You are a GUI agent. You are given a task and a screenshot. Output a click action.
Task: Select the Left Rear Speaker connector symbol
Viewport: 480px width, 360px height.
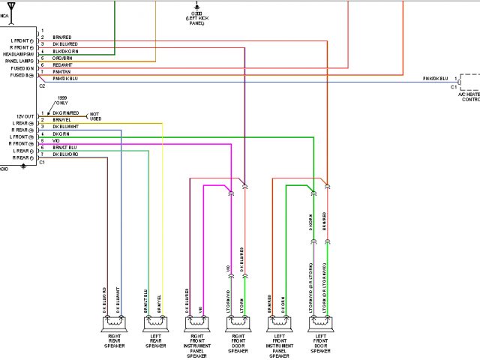coord(155,325)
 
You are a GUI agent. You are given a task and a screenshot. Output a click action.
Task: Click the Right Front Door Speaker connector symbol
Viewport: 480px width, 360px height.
coord(238,325)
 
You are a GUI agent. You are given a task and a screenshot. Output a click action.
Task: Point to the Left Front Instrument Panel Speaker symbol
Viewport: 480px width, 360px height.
coord(279,325)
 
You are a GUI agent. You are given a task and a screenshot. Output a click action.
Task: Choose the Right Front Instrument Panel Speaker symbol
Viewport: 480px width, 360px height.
coord(196,325)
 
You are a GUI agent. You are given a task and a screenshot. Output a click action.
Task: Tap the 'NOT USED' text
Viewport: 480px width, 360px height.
coord(95,115)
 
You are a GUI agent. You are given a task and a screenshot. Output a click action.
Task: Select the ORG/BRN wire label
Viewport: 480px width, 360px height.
coord(62,58)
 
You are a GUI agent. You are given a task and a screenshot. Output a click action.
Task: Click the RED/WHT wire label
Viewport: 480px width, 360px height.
coord(62,64)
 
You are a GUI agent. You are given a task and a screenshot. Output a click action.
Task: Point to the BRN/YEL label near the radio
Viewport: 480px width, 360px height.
coord(62,119)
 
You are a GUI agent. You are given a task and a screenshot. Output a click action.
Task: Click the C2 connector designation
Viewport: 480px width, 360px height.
coord(42,86)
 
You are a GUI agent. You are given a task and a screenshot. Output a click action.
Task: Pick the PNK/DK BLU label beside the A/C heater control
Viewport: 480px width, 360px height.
coord(435,79)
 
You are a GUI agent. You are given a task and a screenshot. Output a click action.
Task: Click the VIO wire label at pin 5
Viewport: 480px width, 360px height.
coord(55,140)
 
